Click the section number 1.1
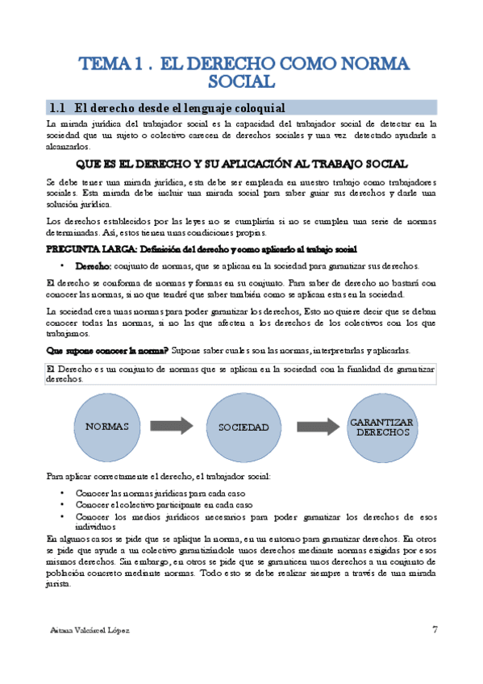coord(58,106)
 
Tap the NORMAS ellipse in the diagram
coord(107,426)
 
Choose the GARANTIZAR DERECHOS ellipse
coord(382,427)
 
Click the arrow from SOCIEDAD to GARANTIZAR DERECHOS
coord(317,426)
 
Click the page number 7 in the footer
coord(435,629)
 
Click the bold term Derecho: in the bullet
coord(94,266)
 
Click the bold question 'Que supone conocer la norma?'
coord(107,350)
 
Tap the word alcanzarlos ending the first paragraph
coord(69,148)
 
